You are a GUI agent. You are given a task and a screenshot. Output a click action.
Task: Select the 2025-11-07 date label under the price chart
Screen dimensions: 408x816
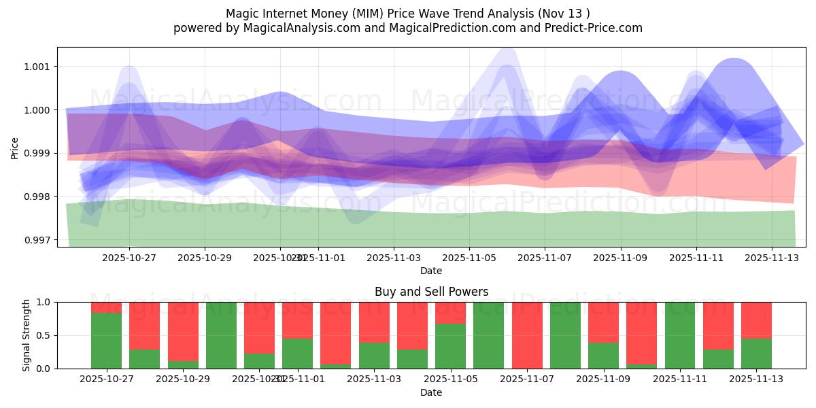tap(545, 258)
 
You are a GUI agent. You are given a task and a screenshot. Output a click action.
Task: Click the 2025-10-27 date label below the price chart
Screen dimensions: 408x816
tap(129, 258)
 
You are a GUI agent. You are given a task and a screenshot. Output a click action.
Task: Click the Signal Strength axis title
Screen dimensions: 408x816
tap(27, 335)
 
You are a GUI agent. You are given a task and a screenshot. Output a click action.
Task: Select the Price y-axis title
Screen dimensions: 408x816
tap(15, 148)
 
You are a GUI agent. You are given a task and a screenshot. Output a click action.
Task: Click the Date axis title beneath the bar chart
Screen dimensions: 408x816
tap(431, 392)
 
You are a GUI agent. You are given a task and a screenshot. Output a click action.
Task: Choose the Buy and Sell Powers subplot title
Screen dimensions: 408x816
tap(431, 292)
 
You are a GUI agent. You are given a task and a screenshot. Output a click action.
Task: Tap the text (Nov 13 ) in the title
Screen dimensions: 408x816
tap(562, 14)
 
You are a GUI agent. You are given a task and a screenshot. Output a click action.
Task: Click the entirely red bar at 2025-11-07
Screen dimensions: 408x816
tap(527, 335)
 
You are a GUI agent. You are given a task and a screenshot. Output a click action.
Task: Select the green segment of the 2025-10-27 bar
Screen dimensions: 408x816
tap(107, 341)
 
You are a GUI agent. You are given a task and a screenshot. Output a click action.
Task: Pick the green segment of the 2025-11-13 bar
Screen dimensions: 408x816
tap(756, 354)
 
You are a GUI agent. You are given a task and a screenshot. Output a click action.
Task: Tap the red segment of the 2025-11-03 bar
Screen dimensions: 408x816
tap(374, 322)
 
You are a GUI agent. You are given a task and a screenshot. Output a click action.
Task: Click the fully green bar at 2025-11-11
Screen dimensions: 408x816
tap(680, 335)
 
